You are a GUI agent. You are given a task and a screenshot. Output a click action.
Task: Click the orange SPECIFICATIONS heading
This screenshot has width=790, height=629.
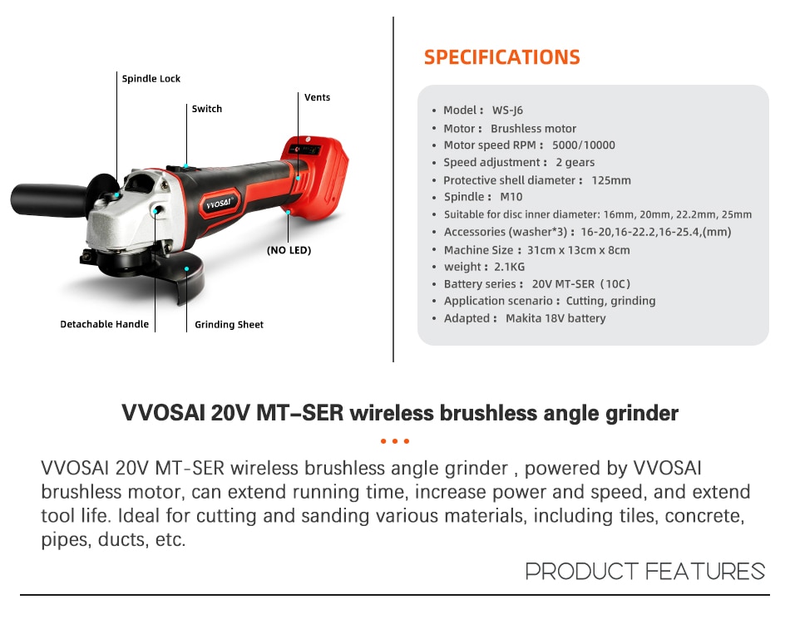coord(501,57)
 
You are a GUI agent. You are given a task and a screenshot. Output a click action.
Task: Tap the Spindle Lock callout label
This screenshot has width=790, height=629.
coord(151,79)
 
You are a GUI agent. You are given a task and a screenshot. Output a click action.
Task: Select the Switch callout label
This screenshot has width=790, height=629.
coord(206,109)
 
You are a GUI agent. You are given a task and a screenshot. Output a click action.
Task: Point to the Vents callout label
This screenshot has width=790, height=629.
coord(318,97)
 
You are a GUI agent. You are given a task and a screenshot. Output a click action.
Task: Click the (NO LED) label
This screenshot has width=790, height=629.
coord(289,250)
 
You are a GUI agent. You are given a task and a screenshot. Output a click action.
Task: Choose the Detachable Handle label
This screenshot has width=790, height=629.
coord(104,324)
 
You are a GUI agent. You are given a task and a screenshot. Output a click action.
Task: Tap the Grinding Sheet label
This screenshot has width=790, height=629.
coord(230,325)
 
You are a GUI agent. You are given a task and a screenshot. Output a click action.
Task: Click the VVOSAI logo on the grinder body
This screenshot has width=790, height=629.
coord(219,204)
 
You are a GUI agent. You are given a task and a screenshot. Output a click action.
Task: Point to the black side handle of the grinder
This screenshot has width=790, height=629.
coord(49,200)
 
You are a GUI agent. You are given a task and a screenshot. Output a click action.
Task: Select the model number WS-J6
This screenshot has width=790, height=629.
coord(507,111)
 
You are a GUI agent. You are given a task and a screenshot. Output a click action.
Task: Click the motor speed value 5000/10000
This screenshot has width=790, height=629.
coord(584,145)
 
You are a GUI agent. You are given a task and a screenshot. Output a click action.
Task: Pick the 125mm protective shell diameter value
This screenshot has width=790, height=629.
coord(611,180)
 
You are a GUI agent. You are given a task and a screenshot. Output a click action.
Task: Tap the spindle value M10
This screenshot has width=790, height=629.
coord(511,197)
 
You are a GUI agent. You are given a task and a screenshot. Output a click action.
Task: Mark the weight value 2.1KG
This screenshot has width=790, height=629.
coord(510,267)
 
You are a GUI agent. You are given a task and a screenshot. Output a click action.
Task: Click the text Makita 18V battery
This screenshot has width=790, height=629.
coord(555,318)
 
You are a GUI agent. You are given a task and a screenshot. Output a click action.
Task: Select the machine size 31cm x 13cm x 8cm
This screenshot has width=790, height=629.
coord(579,250)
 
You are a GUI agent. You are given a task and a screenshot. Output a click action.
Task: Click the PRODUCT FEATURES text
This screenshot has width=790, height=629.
coord(645,572)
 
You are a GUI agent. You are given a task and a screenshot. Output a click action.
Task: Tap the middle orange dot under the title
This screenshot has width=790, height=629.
coord(395,441)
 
